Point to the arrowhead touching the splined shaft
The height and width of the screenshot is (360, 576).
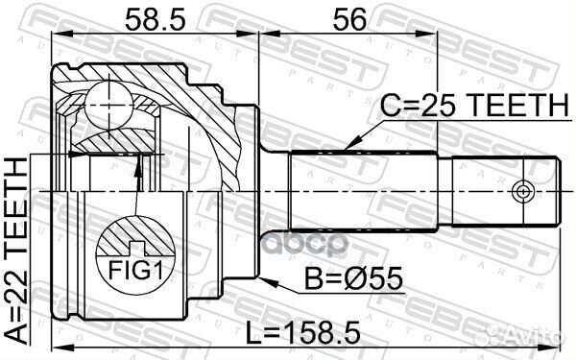click(350, 145)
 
